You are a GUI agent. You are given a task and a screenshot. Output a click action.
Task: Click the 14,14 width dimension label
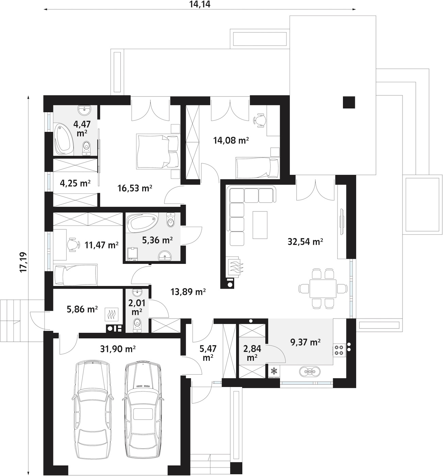200,4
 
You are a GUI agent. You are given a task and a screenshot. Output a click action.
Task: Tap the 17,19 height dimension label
23,262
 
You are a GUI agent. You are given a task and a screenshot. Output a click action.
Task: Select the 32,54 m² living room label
305,242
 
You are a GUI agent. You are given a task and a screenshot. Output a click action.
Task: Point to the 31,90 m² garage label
118,349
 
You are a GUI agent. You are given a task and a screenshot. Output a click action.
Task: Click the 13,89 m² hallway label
188,292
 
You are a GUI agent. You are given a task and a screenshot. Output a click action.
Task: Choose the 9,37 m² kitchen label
305,342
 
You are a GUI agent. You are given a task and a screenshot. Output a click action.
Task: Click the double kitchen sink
309,372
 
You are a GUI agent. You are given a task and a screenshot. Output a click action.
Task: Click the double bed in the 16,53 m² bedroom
157,152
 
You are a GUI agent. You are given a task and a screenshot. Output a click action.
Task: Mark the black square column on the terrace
349,102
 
